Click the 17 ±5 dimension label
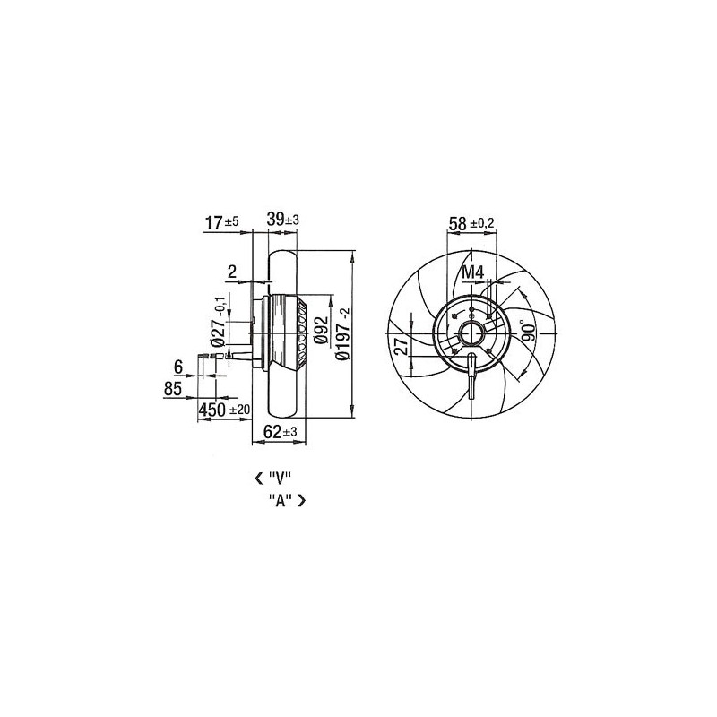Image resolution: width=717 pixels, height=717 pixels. (x=221, y=222)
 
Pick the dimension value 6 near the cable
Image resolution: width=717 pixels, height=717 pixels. (x=177, y=367)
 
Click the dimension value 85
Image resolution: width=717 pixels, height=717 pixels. (x=174, y=389)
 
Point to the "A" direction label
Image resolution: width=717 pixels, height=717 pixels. (x=280, y=500)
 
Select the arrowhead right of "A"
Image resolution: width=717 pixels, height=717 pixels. (x=301, y=500)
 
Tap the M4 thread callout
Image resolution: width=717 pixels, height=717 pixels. (x=472, y=272)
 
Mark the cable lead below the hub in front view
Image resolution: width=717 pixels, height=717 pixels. (x=471, y=378)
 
